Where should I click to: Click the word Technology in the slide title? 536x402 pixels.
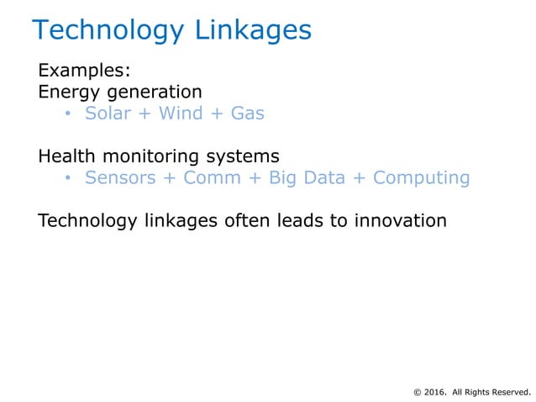107,31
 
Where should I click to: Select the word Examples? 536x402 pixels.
82,70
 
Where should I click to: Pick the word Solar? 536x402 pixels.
107,113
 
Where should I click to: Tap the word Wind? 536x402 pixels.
180,113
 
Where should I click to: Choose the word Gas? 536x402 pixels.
247,113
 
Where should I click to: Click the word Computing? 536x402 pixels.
421,178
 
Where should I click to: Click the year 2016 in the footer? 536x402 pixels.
436,391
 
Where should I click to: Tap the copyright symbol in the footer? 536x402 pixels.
418,391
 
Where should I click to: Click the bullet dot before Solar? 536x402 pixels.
69,114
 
